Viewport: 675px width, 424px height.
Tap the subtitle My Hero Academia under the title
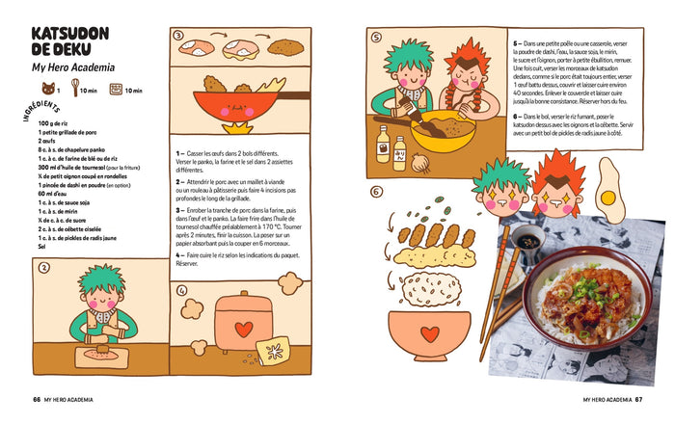pos(73,67)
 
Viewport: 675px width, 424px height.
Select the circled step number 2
pos(43,269)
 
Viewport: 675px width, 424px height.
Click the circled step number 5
pos(376,40)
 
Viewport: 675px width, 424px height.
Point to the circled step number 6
pos(375,191)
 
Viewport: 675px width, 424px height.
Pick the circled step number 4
pos(181,289)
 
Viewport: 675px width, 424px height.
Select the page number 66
pos(37,398)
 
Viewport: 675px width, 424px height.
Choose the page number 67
pos(638,398)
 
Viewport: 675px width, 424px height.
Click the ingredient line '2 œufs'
pos(47,141)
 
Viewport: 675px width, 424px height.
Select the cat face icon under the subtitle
pos(44,90)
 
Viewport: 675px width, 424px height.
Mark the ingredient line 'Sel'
pos(42,247)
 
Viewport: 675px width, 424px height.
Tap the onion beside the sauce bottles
pos(420,163)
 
